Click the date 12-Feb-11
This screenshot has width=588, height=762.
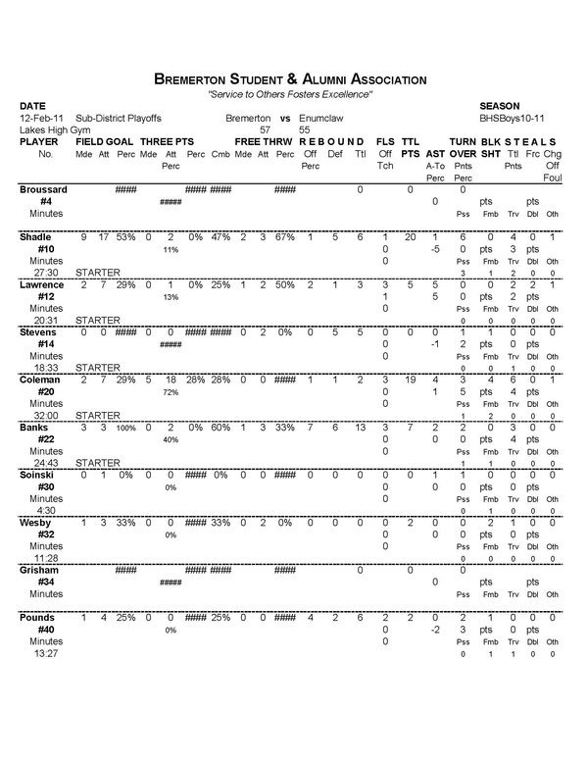tap(41, 117)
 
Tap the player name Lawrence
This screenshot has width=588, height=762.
tap(43, 284)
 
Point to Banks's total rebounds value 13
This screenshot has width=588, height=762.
tap(360, 428)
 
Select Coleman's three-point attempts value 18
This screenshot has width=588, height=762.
tap(169, 380)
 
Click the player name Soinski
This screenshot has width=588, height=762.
tap(39, 475)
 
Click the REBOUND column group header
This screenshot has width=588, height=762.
tap(333, 141)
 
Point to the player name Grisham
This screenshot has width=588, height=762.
tap(41, 570)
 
